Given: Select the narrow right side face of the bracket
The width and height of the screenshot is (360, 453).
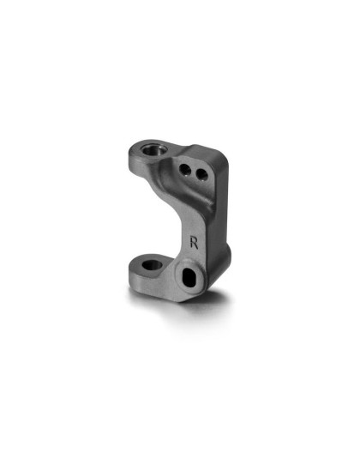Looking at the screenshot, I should click(214, 232).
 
